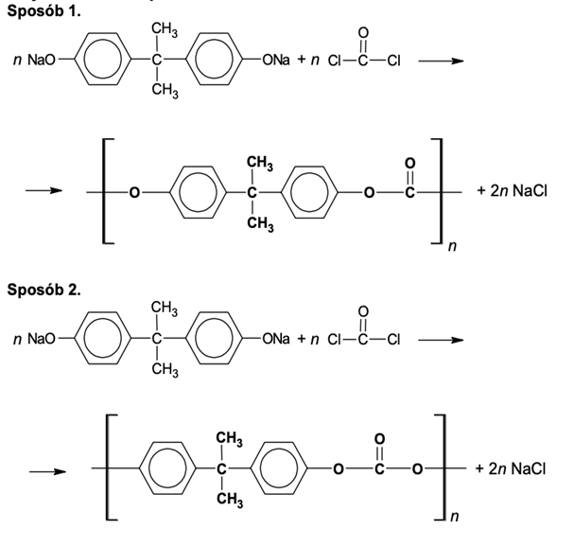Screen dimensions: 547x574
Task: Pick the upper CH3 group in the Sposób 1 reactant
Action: (164, 30)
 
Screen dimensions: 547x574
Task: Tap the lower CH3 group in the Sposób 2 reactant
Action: (164, 370)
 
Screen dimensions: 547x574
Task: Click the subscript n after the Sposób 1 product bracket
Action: (452, 248)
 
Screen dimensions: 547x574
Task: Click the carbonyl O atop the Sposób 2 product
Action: (379, 439)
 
